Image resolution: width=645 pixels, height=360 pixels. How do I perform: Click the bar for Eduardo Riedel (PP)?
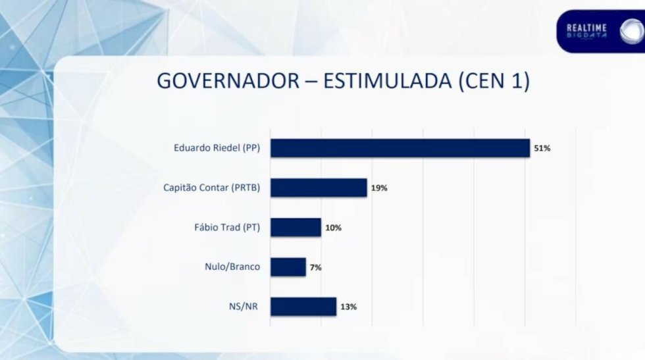[x=400, y=148]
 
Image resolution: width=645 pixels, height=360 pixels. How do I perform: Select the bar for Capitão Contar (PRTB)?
[x=319, y=188]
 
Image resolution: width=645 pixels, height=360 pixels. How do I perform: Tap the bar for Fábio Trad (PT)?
[x=296, y=227]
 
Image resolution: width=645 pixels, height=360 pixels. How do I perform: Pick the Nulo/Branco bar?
[x=288, y=267]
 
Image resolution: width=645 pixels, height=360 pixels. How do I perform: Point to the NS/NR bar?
[x=303, y=307]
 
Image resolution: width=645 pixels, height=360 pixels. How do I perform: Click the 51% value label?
[x=542, y=148]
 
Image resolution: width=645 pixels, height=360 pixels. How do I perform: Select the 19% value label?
[x=379, y=188]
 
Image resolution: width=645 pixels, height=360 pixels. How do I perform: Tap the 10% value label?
[x=333, y=228]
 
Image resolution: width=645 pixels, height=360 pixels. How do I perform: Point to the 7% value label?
[x=315, y=267]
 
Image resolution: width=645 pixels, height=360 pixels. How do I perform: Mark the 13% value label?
[x=348, y=307]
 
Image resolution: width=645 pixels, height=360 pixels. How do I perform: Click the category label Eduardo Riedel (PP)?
[x=217, y=147]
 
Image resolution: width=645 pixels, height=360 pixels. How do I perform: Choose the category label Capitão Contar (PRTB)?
[x=212, y=188]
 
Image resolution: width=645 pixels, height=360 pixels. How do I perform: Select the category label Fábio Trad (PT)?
[x=227, y=227]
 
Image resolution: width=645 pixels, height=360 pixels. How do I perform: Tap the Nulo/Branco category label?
[x=232, y=267]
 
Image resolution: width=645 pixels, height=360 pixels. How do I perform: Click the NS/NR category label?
[x=244, y=307]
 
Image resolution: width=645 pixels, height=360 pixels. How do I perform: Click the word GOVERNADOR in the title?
[x=228, y=81]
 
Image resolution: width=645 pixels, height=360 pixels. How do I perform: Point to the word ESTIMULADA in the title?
[x=388, y=81]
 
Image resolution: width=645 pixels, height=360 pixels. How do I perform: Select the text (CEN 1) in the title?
[x=494, y=81]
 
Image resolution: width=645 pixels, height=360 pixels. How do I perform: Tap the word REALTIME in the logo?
[x=586, y=28]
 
